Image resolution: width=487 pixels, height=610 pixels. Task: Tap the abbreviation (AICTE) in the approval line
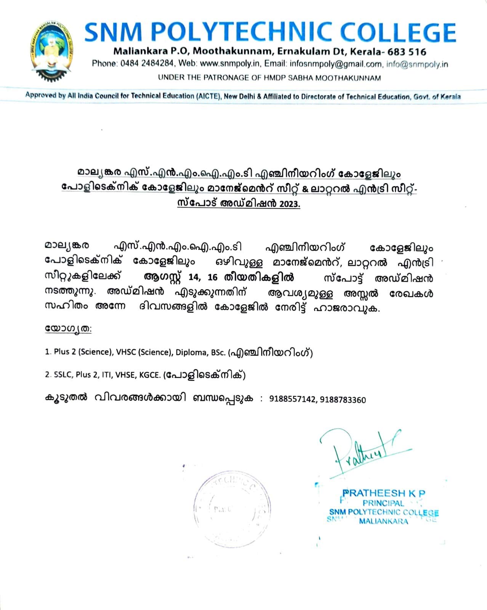point(209,96)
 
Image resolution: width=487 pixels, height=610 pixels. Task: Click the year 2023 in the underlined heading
point(289,204)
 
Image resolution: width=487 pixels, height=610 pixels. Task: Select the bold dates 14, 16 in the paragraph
point(203,278)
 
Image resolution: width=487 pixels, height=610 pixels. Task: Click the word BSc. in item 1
point(218,352)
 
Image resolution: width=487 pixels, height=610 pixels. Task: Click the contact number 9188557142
point(292,399)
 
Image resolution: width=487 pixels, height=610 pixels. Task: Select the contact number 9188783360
point(343,400)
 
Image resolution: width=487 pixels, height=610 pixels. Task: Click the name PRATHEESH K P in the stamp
point(384,493)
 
